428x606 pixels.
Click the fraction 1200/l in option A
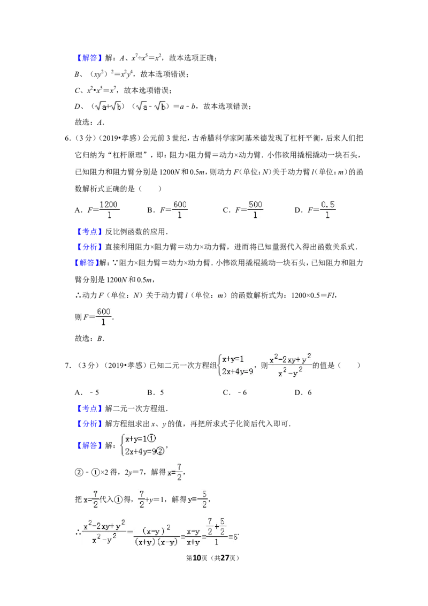pos(109,210)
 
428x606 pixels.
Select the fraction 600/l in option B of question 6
pos(180,210)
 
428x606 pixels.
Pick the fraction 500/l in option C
pos(255,210)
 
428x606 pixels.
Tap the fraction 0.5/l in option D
pos(327,210)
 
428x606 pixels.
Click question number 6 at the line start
pos(67,138)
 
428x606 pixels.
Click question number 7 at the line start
pos(67,365)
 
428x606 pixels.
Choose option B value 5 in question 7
pos(162,392)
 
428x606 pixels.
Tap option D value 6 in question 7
pos(309,392)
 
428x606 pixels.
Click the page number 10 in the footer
pos(197,558)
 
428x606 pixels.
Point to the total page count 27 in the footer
pos(225,558)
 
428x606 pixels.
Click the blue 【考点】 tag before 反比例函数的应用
pos(90,231)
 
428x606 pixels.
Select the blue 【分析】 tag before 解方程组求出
pos(90,423)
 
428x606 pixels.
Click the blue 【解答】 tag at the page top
pos(90,58)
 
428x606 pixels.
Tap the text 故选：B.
pos(90,338)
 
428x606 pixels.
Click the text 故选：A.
pos(90,123)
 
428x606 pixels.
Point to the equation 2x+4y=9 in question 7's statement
pos(238,372)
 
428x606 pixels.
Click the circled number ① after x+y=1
pos(152,438)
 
